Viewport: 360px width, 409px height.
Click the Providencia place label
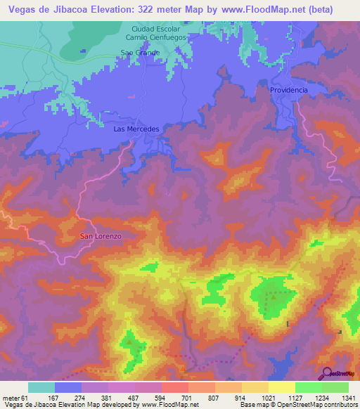pyautogui.click(x=289, y=91)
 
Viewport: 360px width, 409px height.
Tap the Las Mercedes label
pyautogui.click(x=136, y=130)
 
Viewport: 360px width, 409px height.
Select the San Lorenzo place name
pyautogui.click(x=101, y=236)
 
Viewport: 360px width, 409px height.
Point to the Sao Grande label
pyautogui.click(x=141, y=53)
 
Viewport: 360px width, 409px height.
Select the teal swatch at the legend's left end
pyautogui.click(x=41, y=387)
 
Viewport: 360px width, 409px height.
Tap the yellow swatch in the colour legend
pyautogui.click(x=282, y=387)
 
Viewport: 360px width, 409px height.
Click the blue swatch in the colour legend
pyautogui.click(x=68, y=387)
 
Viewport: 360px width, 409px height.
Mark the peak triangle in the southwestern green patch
pyautogui.click(x=129, y=342)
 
